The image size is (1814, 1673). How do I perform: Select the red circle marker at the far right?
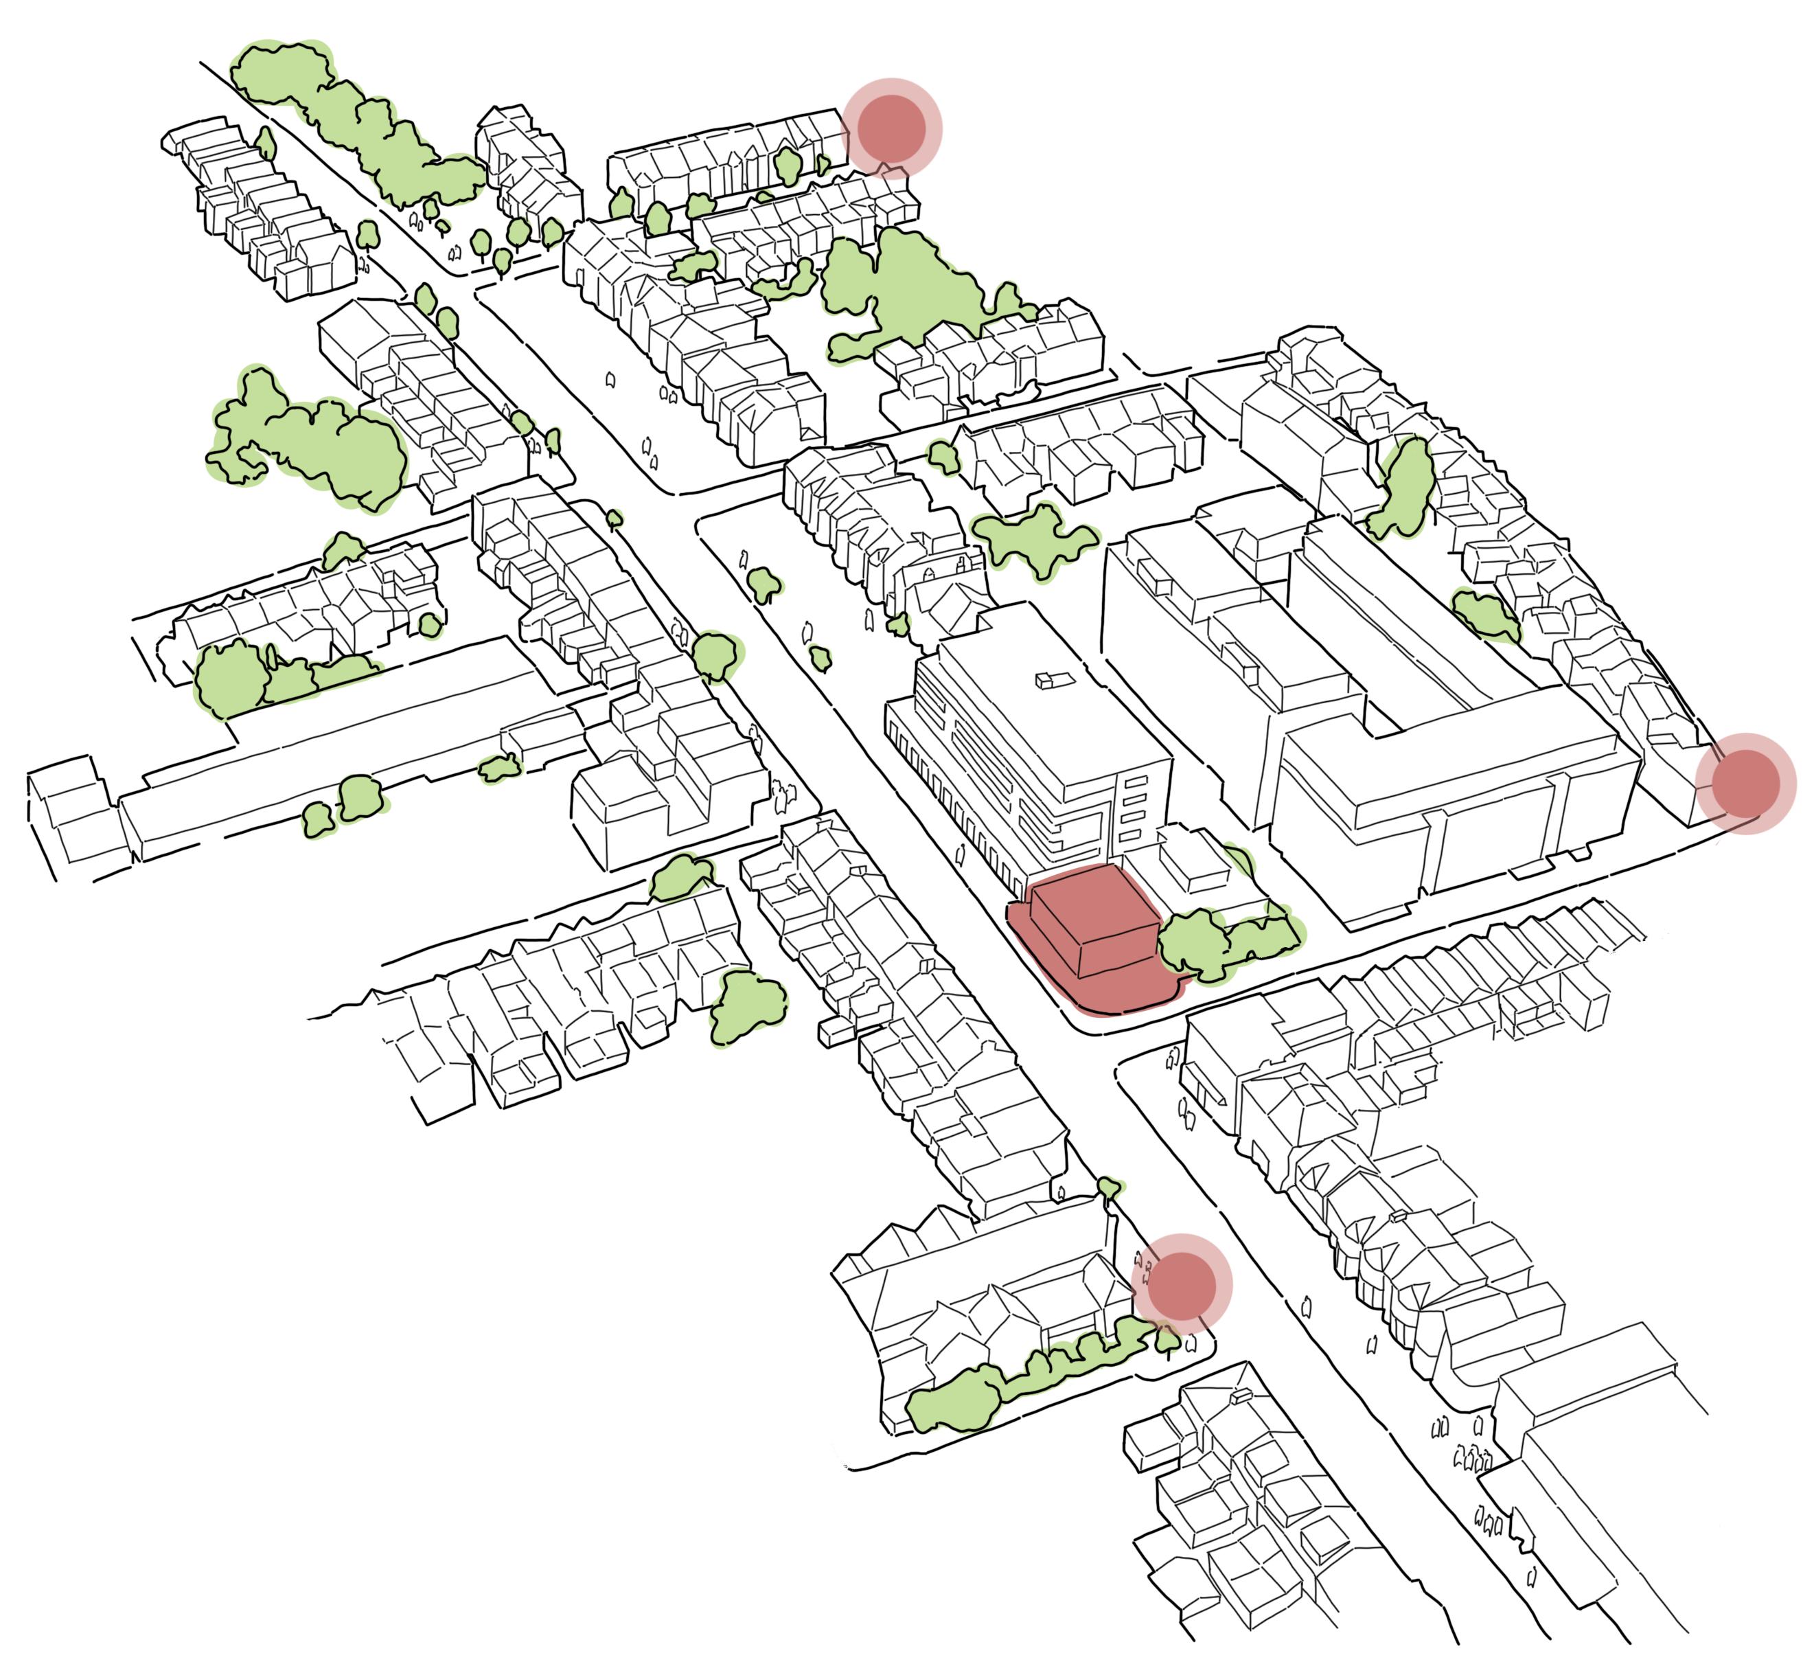pyautogui.click(x=1744, y=783)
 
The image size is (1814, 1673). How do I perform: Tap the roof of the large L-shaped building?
pyautogui.click(x=1448, y=751)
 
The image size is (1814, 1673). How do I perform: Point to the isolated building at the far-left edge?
pyautogui.click(x=77, y=815)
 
